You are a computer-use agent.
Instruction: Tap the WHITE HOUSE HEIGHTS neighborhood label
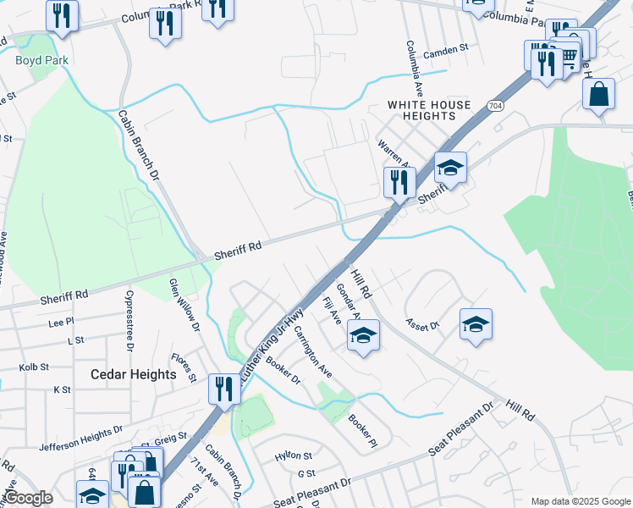tap(429, 110)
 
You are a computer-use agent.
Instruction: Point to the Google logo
tap(27, 498)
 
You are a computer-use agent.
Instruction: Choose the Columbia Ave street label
tap(414, 67)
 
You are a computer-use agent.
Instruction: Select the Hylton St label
tap(294, 456)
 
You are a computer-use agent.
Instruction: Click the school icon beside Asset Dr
tap(476, 323)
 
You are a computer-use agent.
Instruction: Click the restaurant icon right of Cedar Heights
tap(224, 388)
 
